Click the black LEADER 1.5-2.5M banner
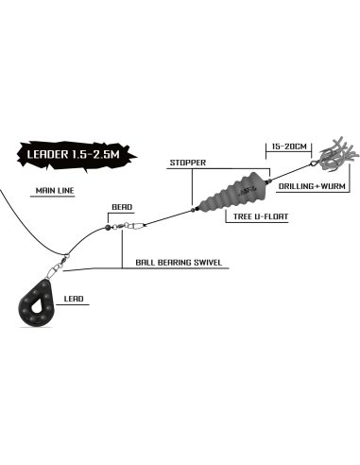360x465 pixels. pyautogui.click(x=77, y=155)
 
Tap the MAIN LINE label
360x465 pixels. pyautogui.click(x=55, y=191)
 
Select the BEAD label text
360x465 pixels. pyautogui.click(x=122, y=207)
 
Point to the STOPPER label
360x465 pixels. pyautogui.click(x=188, y=163)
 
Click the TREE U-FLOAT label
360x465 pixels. pyautogui.click(x=261, y=216)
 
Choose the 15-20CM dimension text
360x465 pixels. pyautogui.click(x=289, y=146)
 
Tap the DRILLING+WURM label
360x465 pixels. pyautogui.click(x=312, y=186)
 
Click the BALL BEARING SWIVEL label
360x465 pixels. pyautogui.click(x=179, y=262)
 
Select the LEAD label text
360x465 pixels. pyautogui.click(x=74, y=299)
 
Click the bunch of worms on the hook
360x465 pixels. pyautogui.click(x=338, y=153)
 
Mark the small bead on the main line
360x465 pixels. pyautogui.click(x=107, y=227)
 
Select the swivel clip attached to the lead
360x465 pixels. pyautogui.click(x=58, y=266)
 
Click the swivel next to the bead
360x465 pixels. pyautogui.click(x=129, y=226)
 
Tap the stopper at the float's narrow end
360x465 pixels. pyautogui.click(x=193, y=210)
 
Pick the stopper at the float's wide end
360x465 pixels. pyautogui.click(x=269, y=181)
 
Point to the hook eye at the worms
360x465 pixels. pyautogui.click(x=314, y=164)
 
